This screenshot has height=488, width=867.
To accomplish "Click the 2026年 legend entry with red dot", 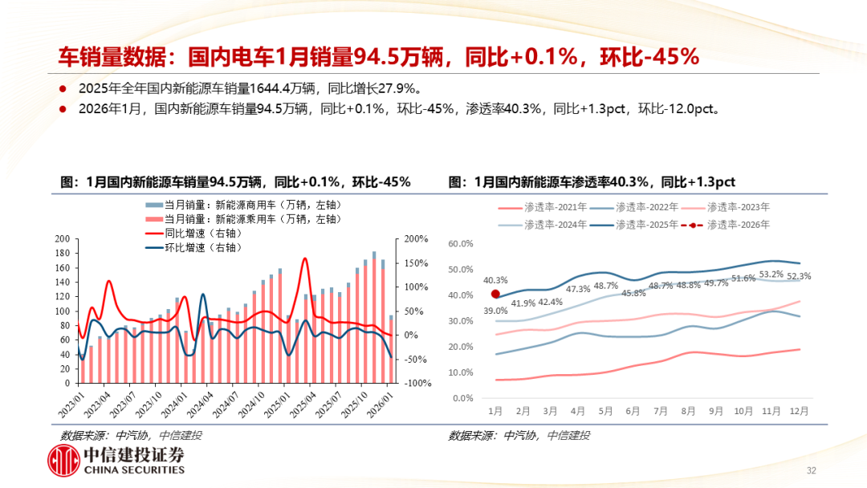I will pos(726,225).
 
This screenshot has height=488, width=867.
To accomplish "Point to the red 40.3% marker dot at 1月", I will pos(495,295).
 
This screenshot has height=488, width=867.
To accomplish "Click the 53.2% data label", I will pos(771,274).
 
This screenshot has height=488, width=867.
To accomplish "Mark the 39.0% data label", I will pos(495,311).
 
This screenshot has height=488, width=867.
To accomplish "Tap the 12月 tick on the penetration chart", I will pos(798,410).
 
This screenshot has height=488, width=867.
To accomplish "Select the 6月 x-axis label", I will pos(633,410).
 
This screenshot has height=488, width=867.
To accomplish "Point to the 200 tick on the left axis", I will pos(62,239).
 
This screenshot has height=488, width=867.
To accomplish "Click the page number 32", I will pos(811,470).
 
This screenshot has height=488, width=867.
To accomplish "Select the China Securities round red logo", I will pos(63,460).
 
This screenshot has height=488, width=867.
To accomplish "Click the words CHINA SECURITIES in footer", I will pos(134,470).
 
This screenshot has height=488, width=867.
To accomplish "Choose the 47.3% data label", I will pos(578,289).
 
